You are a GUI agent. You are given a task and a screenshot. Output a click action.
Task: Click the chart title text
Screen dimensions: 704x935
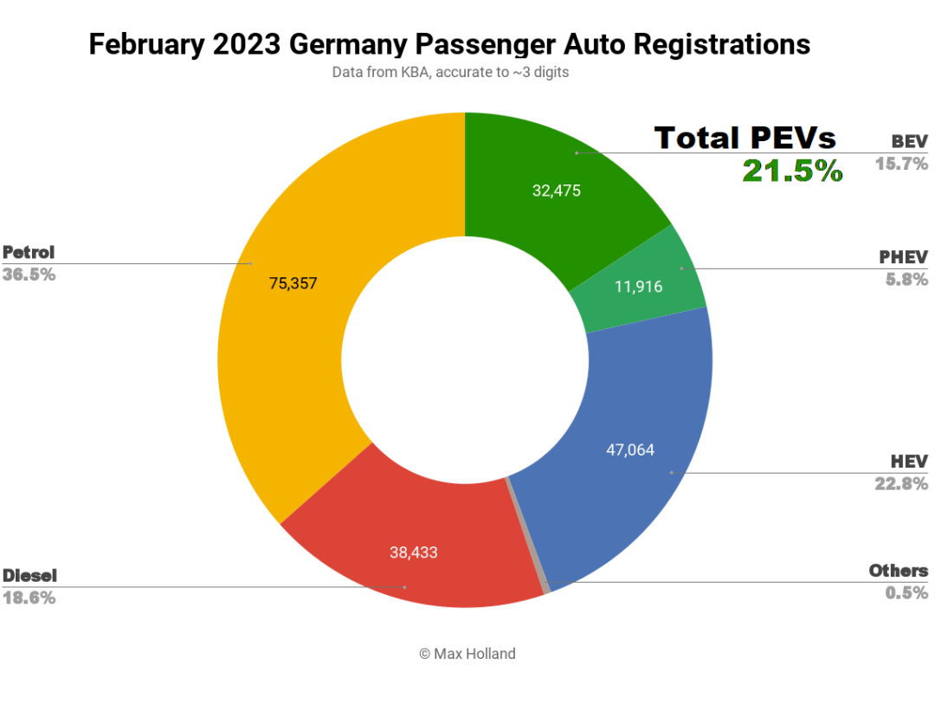pos(449,44)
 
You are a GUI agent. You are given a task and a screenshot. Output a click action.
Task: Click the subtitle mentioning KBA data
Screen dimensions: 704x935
pos(450,73)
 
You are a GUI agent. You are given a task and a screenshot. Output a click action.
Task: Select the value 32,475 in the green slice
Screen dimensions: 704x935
pos(557,191)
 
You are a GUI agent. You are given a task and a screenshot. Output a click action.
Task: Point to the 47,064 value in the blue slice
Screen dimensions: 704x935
pos(629,449)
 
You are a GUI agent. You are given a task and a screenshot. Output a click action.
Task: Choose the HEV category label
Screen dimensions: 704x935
pos(908,462)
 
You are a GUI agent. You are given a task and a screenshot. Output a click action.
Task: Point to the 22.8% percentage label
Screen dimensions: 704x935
pos(901,483)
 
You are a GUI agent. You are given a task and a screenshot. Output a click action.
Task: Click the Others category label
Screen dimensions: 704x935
pos(898,571)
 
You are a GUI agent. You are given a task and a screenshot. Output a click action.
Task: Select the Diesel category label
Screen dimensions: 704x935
pos(30,576)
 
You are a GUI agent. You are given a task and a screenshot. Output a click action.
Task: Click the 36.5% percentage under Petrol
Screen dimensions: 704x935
pos(29,274)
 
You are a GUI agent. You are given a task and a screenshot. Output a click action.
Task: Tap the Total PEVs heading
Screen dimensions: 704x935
pos(745,138)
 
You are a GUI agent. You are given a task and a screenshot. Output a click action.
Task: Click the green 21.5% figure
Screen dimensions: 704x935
pos(792,171)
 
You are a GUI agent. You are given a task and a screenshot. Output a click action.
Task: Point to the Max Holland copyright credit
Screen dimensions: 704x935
pos(467,654)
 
